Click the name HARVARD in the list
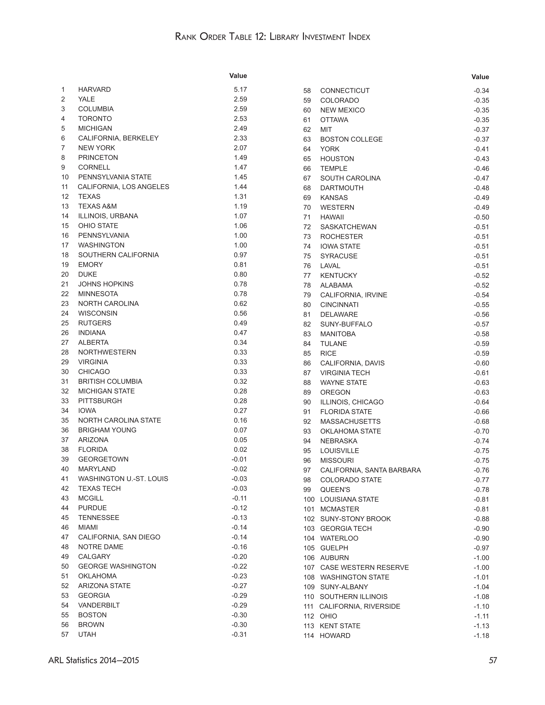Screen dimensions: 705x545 pos(94,89)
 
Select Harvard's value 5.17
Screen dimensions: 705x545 pos(240,89)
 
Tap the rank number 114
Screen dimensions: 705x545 pos(309,636)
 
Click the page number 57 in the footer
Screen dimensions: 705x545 pos(492,660)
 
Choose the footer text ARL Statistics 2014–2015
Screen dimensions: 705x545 pos(94,660)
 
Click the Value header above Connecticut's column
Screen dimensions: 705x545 pos(480,77)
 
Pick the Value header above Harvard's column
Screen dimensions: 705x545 pos(238,76)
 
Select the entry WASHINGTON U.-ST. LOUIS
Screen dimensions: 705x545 pos(123,479)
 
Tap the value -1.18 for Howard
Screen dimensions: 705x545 pos(481,636)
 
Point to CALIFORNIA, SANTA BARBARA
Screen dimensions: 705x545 pos(370,470)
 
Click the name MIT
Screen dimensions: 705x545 pos(326,129)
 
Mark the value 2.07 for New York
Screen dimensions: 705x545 pos(240,148)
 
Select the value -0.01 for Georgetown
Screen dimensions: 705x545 pos(239,459)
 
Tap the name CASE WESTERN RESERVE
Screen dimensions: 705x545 pos(364,568)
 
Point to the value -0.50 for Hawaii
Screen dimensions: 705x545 pos(481,217)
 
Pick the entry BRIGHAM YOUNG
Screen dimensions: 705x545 pos(107,430)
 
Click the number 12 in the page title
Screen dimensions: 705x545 pos(260,37)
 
